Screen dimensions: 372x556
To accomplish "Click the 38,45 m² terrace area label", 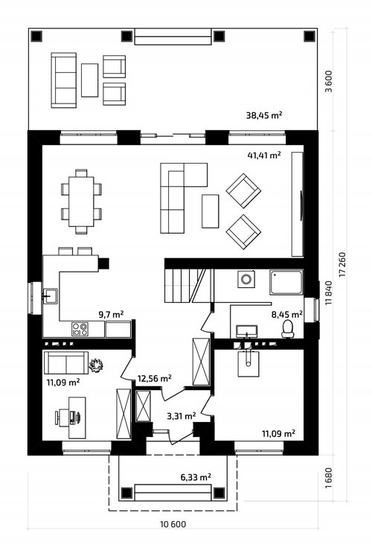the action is click(x=264, y=115).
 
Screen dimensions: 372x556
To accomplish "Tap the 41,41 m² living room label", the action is click(x=264, y=155).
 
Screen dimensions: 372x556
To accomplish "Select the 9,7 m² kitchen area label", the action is click(x=111, y=314).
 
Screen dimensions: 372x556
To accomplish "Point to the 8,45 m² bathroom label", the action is click(x=287, y=314).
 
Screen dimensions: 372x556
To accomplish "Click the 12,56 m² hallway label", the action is click(x=155, y=378).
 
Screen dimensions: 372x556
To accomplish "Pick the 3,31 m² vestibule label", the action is click(x=182, y=415).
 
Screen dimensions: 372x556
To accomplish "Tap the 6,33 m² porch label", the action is click(x=196, y=477).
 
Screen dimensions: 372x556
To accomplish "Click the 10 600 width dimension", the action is click(x=173, y=524).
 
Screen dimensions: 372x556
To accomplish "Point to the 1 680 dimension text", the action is click(x=329, y=478).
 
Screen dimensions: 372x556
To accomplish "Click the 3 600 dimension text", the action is click(x=329, y=81).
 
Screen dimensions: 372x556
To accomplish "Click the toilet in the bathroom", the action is click(x=288, y=329).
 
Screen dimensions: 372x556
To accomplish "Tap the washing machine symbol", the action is click(x=246, y=278).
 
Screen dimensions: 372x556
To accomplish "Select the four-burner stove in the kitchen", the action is click(x=80, y=329).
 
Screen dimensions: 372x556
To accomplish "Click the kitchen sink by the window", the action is click(x=50, y=295).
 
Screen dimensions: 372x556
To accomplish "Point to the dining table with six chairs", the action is click(x=81, y=202).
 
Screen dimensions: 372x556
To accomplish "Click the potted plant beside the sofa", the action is click(x=96, y=365).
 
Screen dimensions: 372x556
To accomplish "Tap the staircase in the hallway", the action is click(x=189, y=286).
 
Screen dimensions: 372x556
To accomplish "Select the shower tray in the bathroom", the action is click(x=286, y=282).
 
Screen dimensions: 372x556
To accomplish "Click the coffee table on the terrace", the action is click(x=89, y=80).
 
